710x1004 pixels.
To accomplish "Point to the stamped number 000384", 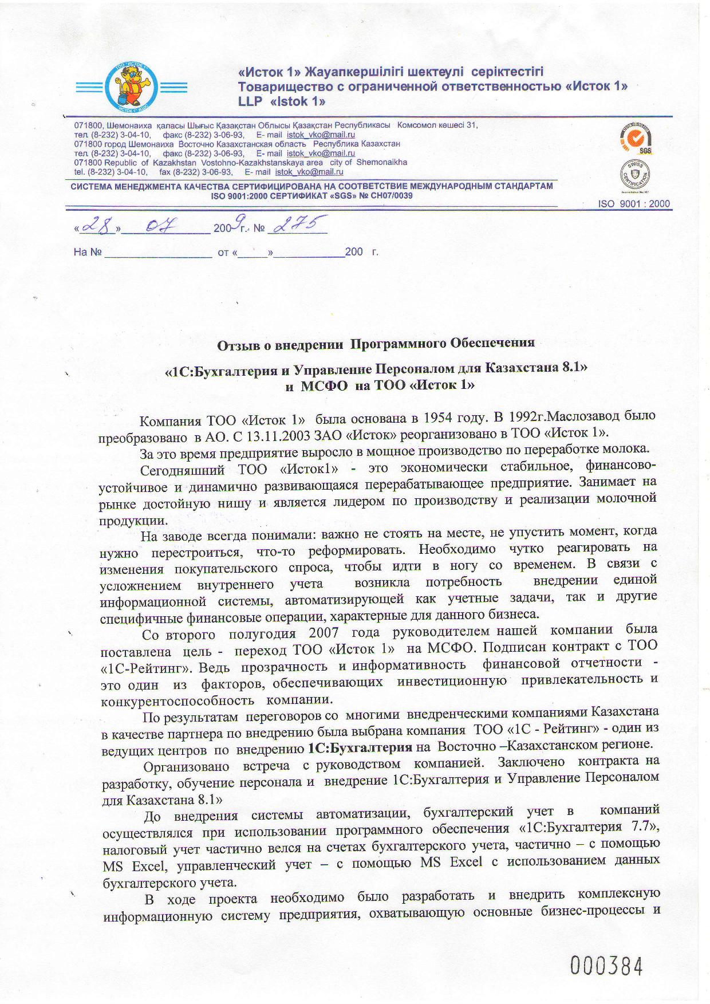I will pos(606,966).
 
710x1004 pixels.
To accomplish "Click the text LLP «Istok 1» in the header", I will pos(282,101).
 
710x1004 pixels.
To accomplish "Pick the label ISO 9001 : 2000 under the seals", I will pos(634,204).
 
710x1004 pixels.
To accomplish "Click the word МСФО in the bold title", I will pos(324,385).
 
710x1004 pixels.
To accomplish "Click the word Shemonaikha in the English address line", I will pos(382,162).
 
